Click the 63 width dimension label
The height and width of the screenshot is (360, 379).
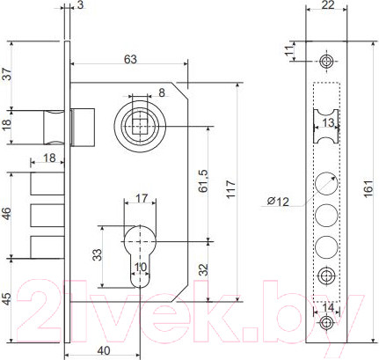(130, 59)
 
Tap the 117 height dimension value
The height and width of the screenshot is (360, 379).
(231, 189)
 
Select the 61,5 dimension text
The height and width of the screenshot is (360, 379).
(203, 180)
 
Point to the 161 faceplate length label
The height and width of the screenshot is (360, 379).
(368, 187)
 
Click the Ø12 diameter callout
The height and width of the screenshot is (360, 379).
(278, 202)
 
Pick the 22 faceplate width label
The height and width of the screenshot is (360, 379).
(327, 5)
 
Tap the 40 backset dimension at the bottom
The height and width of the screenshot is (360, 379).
(104, 350)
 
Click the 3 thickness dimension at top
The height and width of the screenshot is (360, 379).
(81, 5)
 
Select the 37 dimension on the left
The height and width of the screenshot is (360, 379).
(7, 74)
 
